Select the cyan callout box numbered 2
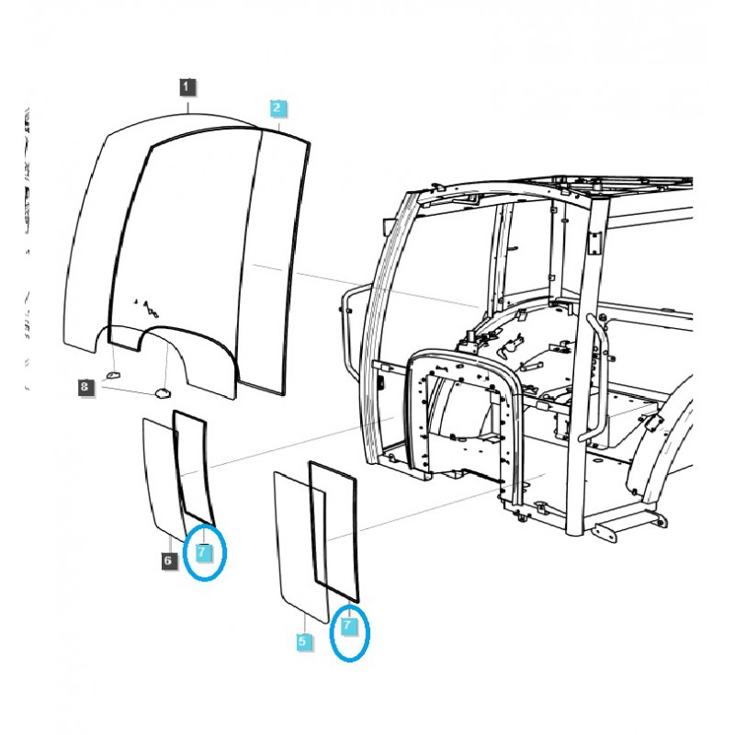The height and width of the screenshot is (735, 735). [x=278, y=108]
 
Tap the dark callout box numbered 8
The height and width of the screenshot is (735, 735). [x=85, y=388]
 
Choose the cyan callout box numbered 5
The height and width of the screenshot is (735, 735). [x=304, y=642]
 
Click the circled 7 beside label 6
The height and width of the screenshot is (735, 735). [x=203, y=552]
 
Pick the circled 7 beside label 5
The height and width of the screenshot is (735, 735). [x=348, y=625]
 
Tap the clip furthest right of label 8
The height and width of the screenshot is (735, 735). [x=162, y=392]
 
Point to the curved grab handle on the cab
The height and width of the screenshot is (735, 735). [x=597, y=377]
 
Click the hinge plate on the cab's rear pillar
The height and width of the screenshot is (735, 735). [x=594, y=242]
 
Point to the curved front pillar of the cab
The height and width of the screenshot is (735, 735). [x=381, y=303]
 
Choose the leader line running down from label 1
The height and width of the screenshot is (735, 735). [x=187, y=102]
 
